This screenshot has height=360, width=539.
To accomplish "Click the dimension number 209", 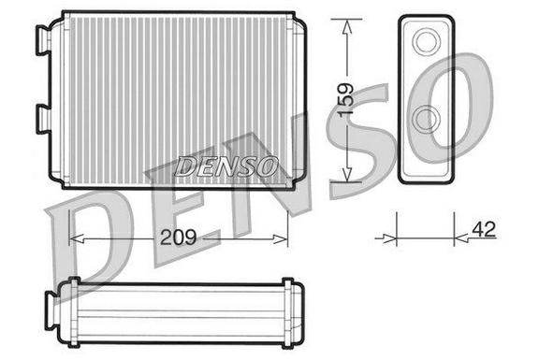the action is pos(178,238).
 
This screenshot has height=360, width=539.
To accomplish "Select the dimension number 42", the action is pos(484,229).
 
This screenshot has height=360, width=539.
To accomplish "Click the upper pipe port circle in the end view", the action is pos(427,41).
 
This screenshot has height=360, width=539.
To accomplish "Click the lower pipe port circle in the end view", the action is pos(427,119).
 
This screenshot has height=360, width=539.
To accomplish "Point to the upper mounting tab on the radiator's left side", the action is pos(44,40).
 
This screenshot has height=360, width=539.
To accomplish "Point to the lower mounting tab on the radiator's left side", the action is pos(44,119).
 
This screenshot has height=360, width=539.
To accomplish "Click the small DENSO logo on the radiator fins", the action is pos(226,166).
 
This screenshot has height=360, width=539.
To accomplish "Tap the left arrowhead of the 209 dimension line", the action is pos(77,238).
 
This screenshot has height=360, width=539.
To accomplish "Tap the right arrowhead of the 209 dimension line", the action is pos(280,239).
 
